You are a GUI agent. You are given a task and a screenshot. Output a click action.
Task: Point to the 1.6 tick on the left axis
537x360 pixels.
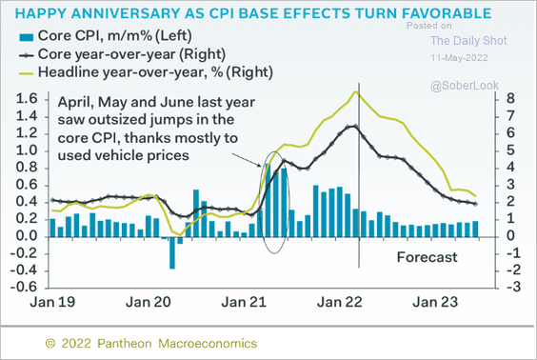pyautogui.click(x=29, y=98)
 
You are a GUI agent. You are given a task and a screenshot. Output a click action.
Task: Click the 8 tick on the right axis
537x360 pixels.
pyautogui.click(x=511, y=98)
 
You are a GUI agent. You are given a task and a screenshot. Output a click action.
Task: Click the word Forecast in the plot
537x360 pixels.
pyautogui.click(x=427, y=257)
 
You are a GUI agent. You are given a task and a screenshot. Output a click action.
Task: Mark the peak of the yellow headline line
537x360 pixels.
pyautogui.click(x=356, y=91)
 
